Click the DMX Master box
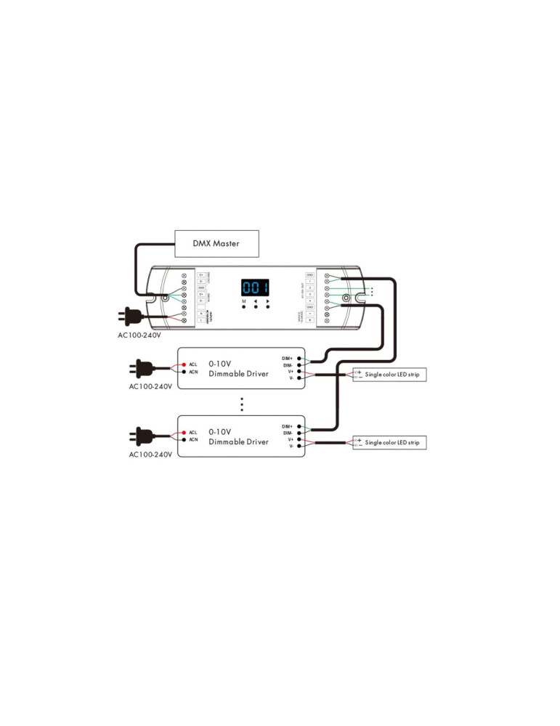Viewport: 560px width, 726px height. [216, 244]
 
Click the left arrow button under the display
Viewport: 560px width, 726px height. [256, 306]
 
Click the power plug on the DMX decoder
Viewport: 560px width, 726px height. [131, 316]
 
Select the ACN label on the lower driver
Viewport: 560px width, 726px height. [193, 440]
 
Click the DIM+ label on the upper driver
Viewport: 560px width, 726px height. [288, 358]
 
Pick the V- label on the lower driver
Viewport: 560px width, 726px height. [291, 446]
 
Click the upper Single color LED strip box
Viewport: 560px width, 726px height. [389, 375]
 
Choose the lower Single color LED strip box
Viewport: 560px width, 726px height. [389, 442]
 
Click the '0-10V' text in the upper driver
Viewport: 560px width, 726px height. [221, 362]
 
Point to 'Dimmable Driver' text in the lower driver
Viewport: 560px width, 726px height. [238, 442]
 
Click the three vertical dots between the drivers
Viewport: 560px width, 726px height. [242, 404]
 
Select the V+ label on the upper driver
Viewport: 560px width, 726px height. [290, 371]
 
